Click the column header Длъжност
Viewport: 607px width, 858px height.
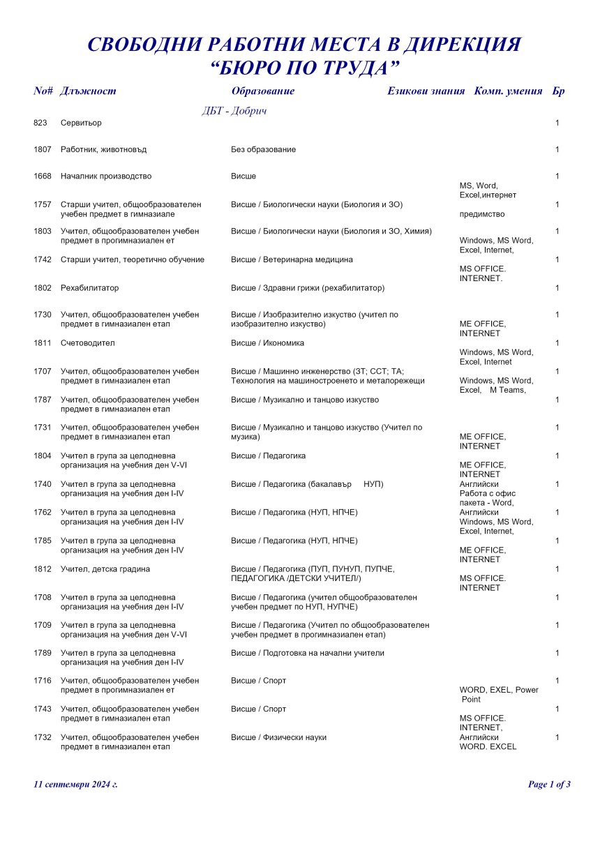click(x=89, y=91)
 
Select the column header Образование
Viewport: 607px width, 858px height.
click(x=263, y=91)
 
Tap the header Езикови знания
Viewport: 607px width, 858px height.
click(x=426, y=91)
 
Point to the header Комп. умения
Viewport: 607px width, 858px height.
click(x=508, y=91)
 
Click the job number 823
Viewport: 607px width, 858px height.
click(x=40, y=123)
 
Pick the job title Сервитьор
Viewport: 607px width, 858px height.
click(x=81, y=123)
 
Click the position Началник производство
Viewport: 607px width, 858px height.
click(x=106, y=176)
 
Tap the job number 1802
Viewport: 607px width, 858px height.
click(x=43, y=287)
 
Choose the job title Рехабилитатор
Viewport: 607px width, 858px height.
click(x=90, y=287)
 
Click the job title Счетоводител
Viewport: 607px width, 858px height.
click(x=87, y=343)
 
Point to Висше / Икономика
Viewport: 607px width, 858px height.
click(x=267, y=343)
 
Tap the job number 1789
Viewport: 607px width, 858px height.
click(x=43, y=653)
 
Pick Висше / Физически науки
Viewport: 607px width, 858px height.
click(x=278, y=737)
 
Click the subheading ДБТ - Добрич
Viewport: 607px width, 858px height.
click(x=234, y=111)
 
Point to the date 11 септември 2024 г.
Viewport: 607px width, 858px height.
click(x=75, y=784)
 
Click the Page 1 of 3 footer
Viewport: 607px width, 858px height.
click(x=549, y=784)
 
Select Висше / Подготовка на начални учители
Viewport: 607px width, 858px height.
click(x=308, y=653)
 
